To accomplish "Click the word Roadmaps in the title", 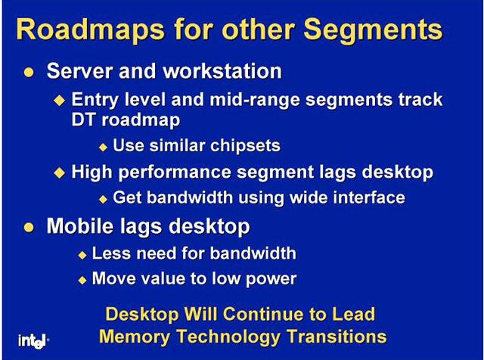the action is (x=90, y=30).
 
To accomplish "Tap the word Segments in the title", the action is (x=373, y=30).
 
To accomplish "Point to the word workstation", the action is (x=222, y=71).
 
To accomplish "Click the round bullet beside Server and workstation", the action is (x=29, y=73).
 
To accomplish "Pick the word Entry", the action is (x=95, y=100).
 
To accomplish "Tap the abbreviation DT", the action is (x=82, y=119).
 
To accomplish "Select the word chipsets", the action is (x=245, y=146).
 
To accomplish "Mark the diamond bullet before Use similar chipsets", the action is (x=103, y=147).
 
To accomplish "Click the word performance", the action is (x=175, y=172).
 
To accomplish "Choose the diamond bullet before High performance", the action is (x=59, y=172).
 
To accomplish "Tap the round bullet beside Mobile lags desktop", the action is (x=29, y=228).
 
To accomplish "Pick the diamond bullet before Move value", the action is (x=82, y=280).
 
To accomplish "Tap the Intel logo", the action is (x=32, y=341).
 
